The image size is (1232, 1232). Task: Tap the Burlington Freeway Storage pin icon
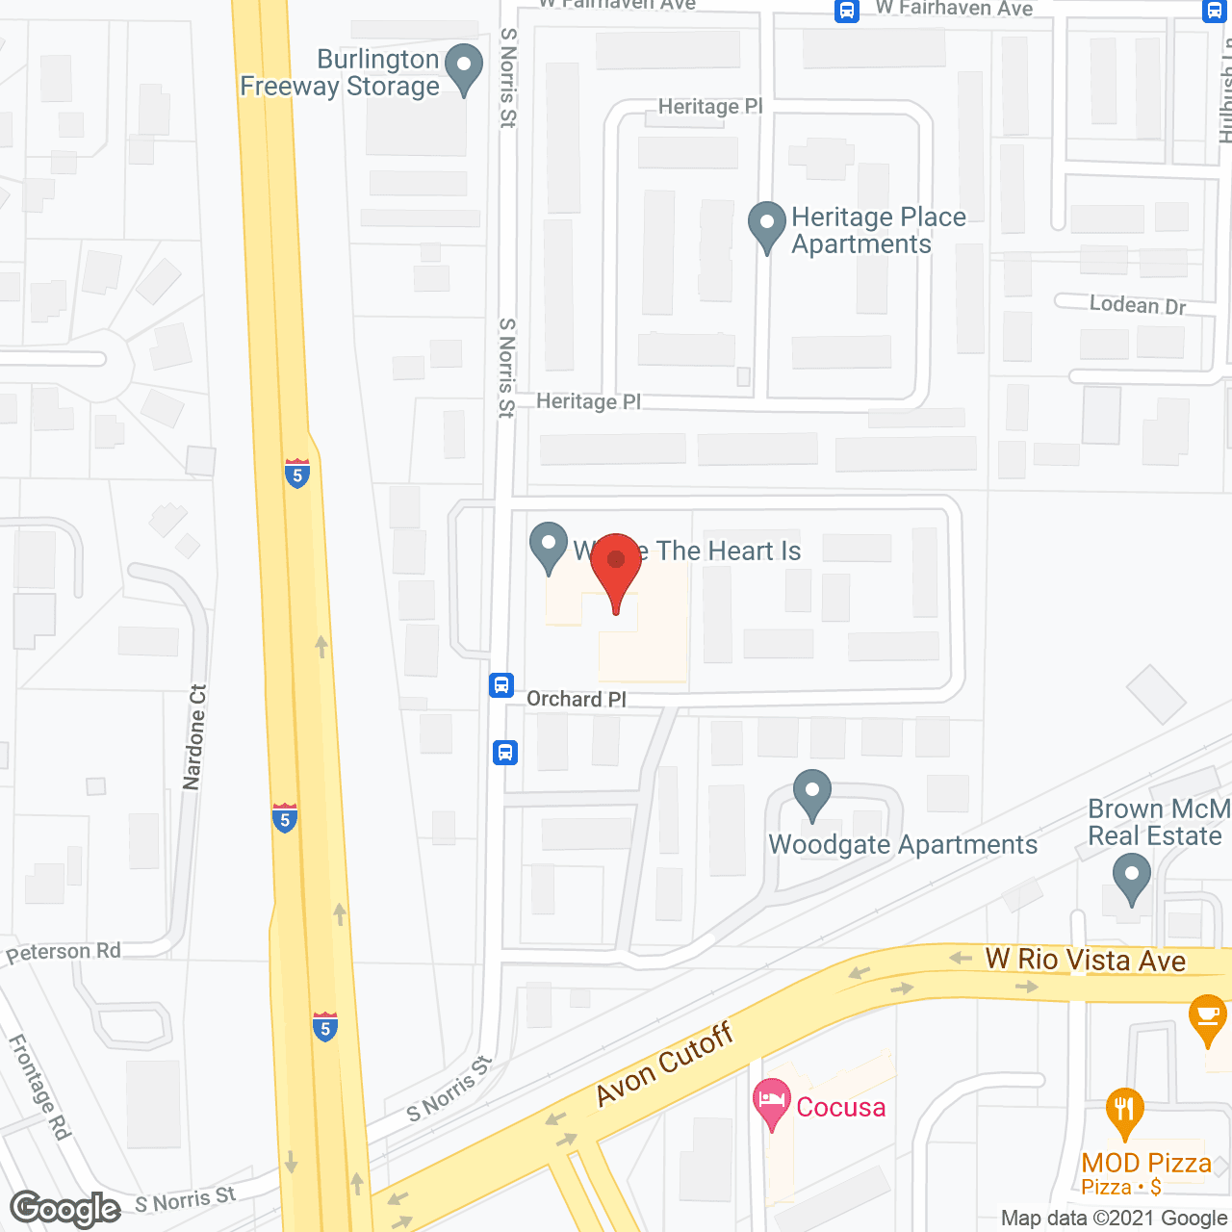(465, 69)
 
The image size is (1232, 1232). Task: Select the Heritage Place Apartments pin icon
(767, 226)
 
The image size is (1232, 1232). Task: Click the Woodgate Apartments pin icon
(812, 795)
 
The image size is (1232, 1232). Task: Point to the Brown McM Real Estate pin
(1131, 881)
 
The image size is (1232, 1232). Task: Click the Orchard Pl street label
(577, 699)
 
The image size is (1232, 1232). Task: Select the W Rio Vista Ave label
(1085, 960)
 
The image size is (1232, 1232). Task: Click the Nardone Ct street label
(194, 737)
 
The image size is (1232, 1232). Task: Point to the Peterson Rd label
(64, 952)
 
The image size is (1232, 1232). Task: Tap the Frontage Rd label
(39, 1087)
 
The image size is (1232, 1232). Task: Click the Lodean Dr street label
(1138, 305)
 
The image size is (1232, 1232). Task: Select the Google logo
(65, 1208)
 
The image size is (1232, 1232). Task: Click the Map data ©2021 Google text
(1115, 1218)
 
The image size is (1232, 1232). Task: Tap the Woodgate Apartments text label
(903, 844)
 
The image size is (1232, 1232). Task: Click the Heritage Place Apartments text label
(878, 230)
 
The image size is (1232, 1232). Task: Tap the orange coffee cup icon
(1207, 1018)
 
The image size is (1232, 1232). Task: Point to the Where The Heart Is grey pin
(549, 547)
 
